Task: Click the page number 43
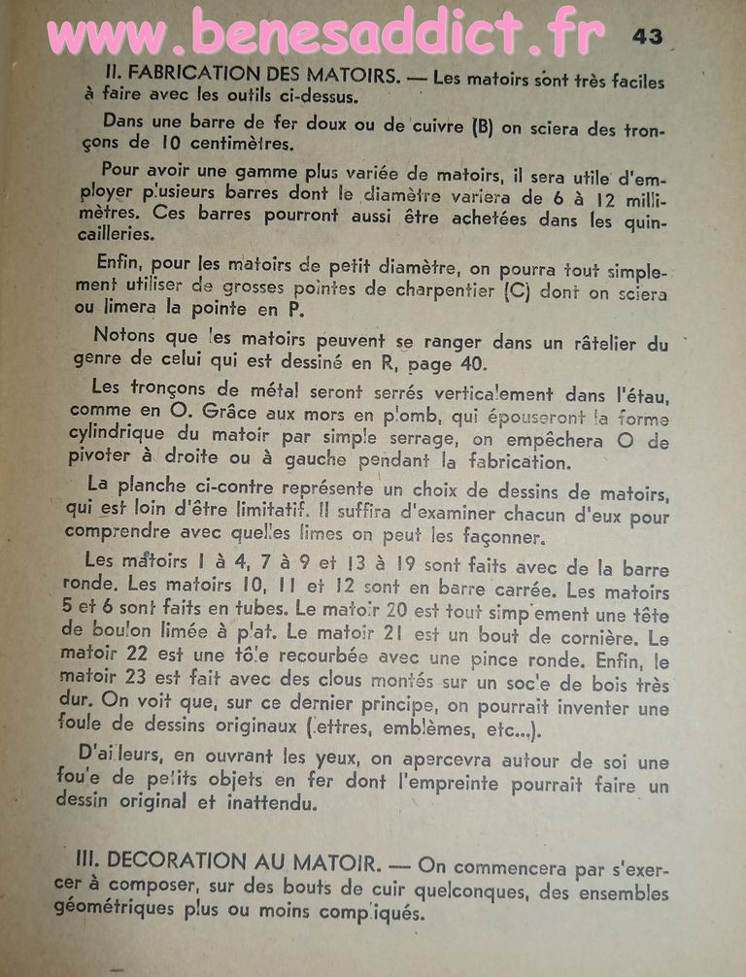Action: point(648,36)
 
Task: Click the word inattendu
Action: point(272,804)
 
